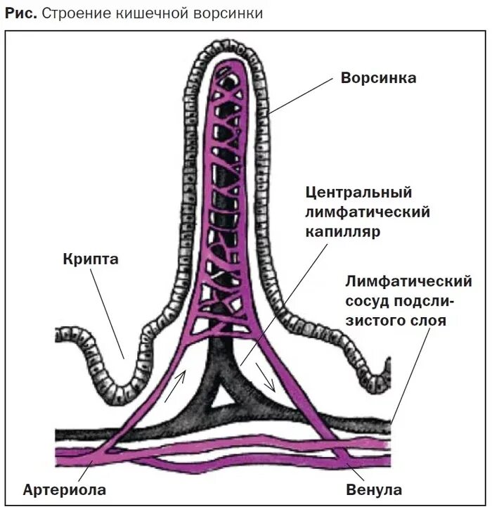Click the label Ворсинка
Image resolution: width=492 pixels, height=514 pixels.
[x=378, y=78]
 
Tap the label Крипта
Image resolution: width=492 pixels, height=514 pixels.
[x=90, y=259]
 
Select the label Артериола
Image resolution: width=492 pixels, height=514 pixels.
[x=64, y=490]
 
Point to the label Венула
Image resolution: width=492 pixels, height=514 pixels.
[x=374, y=490]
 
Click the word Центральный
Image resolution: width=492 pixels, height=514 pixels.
[x=358, y=193]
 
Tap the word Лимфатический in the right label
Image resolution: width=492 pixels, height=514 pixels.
[x=407, y=282]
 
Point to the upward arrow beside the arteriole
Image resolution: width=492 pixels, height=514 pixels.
[x=176, y=385]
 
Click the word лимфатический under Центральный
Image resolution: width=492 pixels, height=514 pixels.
[x=368, y=212]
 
